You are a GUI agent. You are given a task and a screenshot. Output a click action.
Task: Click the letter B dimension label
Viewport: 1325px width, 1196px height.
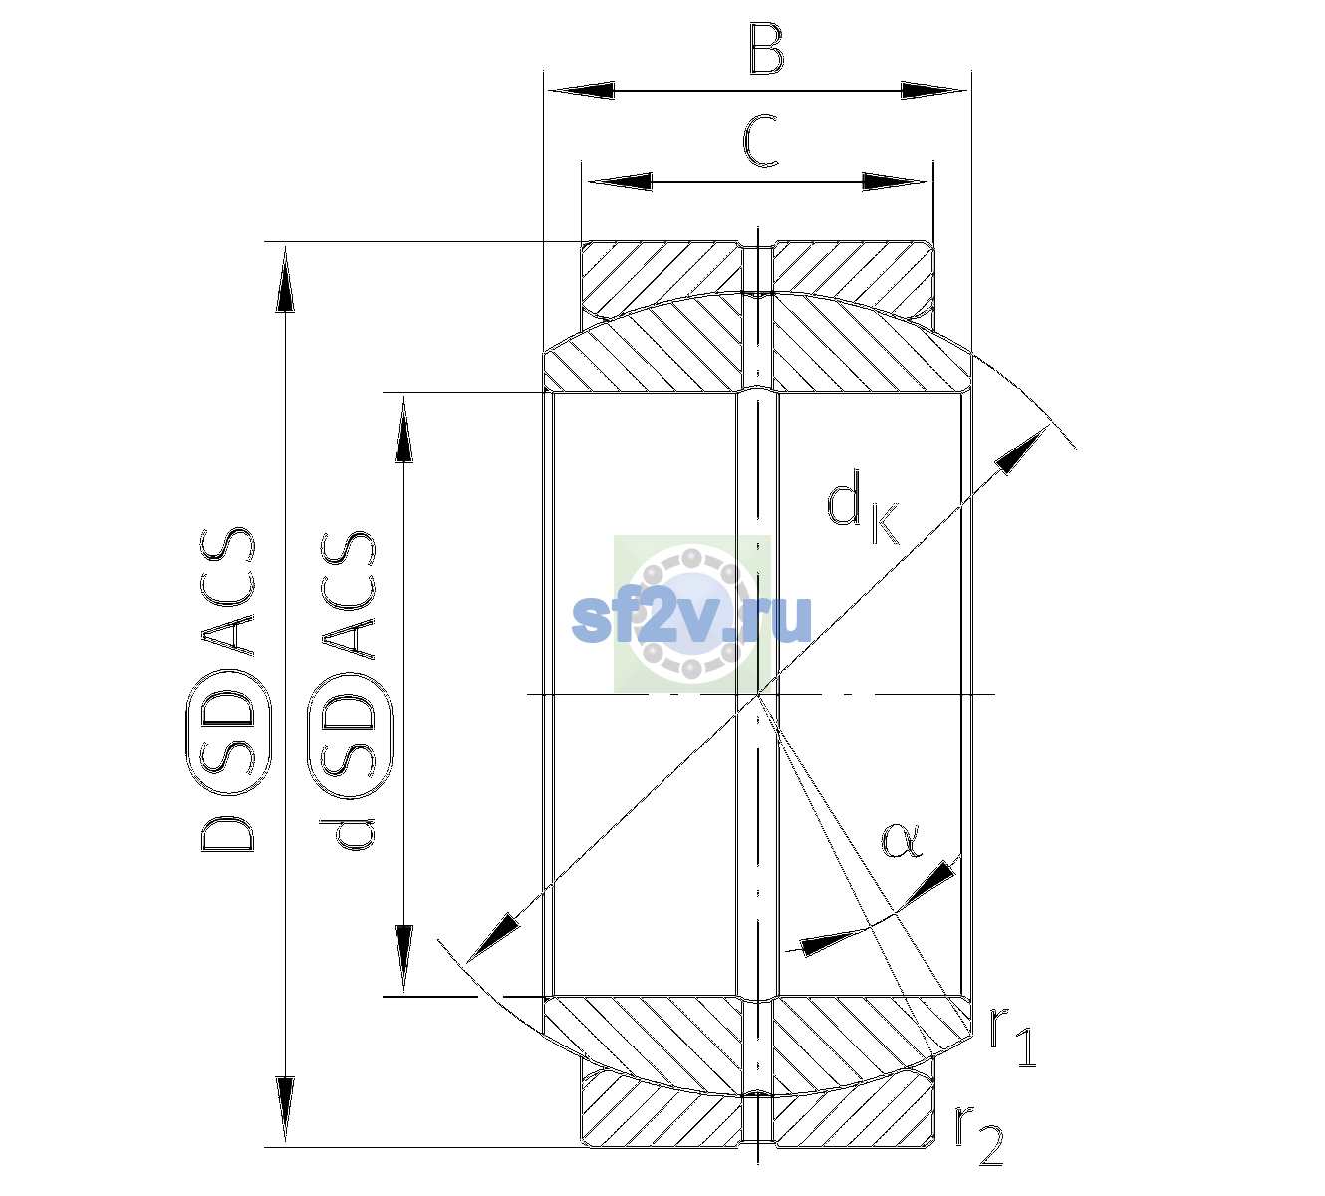click(766, 49)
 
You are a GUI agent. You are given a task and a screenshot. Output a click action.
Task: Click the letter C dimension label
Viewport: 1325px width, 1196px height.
click(761, 141)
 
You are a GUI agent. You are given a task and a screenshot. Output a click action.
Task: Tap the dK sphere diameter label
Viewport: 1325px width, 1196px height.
click(863, 507)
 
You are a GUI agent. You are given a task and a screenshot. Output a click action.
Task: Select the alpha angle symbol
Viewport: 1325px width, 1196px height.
click(901, 840)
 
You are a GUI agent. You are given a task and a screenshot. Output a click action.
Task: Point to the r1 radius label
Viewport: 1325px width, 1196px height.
click(1013, 1038)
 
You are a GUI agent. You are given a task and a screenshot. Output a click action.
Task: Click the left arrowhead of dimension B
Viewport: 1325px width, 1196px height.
click(581, 91)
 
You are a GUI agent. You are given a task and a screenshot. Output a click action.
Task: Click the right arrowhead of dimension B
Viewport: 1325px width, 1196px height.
click(933, 91)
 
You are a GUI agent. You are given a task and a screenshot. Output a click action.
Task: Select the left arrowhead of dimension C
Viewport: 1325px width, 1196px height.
click(620, 181)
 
